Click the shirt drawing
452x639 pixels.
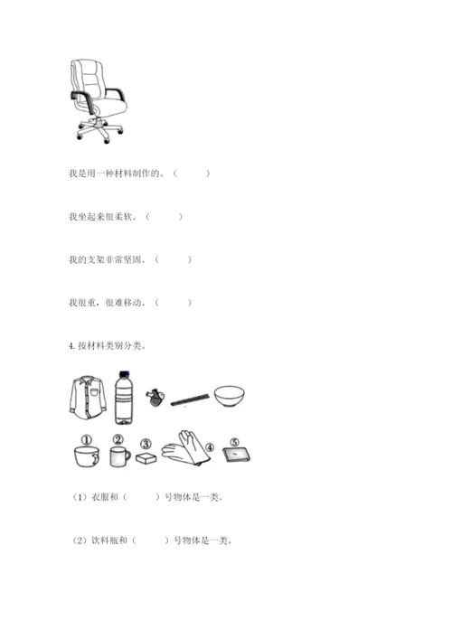[88, 398]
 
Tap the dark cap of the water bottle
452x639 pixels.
[125, 373]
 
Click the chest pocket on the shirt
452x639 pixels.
[95, 392]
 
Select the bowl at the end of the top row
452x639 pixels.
[230, 397]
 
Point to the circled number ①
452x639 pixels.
[87, 440]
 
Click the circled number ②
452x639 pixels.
[118, 439]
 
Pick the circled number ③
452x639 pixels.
[146, 444]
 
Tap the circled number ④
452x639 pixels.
[210, 447]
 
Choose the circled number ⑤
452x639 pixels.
[234, 442]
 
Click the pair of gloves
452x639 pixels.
[186, 448]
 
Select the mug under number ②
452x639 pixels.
[120, 456]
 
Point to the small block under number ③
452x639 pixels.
[146, 458]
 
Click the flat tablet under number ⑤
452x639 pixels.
[237, 455]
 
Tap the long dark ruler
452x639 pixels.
[190, 399]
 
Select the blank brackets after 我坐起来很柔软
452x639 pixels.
[165, 217]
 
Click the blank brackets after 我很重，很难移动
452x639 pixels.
[174, 303]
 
